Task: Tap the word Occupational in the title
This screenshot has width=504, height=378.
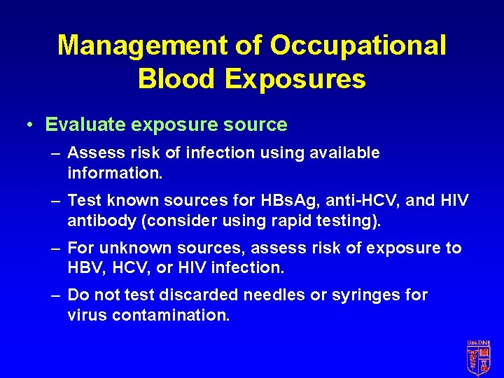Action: [x=358, y=45]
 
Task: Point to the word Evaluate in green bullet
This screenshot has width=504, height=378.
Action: [x=84, y=125]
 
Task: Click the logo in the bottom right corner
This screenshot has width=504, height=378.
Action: [x=479, y=358]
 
